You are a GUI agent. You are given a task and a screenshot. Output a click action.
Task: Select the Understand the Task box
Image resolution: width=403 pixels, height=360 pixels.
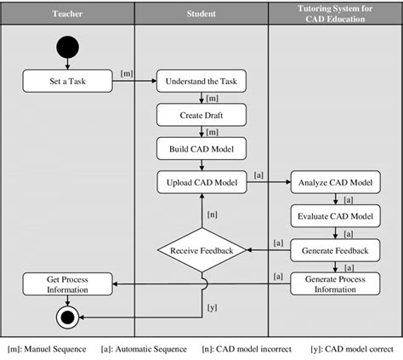click(201, 83)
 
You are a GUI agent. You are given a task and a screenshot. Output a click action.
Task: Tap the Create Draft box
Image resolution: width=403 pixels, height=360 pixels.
click(201, 115)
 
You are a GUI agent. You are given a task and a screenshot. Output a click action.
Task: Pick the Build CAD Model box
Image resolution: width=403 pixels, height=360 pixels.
click(201, 147)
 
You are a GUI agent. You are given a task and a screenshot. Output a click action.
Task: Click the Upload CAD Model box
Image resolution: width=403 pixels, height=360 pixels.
click(201, 181)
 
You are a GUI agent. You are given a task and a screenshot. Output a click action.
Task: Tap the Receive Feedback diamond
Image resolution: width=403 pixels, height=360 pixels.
click(201, 251)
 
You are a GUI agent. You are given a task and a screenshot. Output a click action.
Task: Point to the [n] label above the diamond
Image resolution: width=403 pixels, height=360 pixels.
click(213, 214)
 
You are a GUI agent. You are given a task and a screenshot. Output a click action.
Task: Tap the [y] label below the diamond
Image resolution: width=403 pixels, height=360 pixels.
click(213, 309)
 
